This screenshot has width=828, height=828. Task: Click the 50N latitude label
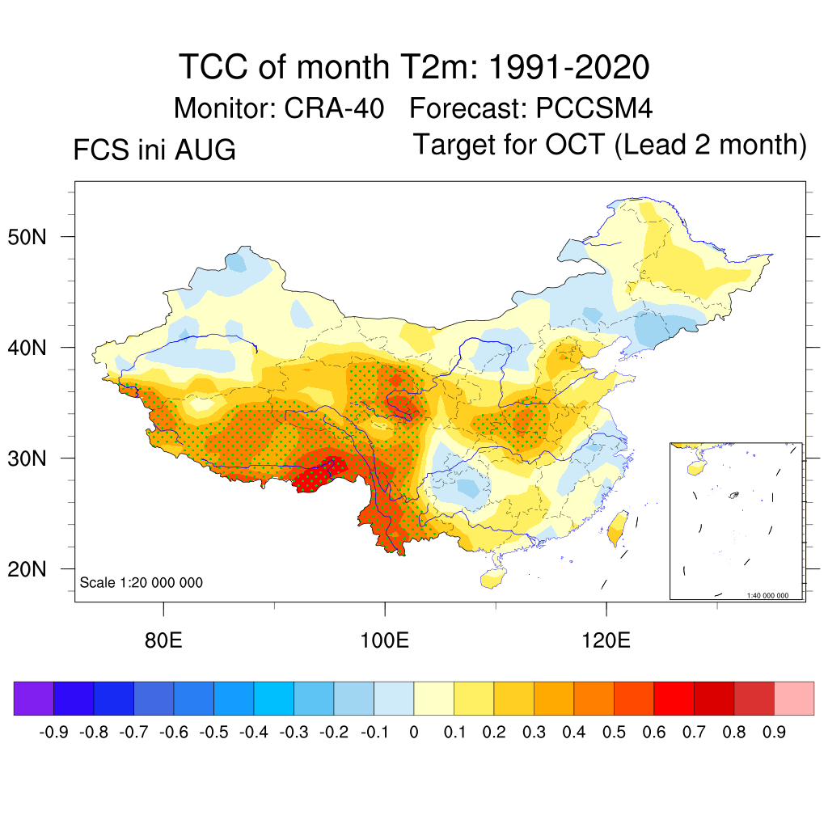point(27,237)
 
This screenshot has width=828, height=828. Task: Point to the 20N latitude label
point(27,569)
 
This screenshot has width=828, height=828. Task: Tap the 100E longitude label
point(384,640)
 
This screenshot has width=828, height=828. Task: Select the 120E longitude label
point(606,640)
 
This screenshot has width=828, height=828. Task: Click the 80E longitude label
point(163,640)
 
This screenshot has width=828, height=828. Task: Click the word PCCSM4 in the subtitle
point(594,108)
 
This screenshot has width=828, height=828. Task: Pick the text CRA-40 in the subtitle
point(334,108)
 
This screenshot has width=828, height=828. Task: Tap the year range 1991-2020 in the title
point(568,67)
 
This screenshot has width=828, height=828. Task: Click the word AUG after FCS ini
point(205,150)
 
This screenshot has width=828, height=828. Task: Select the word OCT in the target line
point(575,144)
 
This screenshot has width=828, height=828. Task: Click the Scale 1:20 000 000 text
point(141,582)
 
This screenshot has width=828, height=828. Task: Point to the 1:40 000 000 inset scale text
point(767,595)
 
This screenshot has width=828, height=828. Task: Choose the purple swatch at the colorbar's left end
point(34,698)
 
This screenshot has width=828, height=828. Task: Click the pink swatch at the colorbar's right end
point(794,698)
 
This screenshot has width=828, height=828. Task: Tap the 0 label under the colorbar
point(414,732)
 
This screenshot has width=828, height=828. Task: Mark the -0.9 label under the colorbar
point(54,732)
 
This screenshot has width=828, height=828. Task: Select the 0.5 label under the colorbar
point(615,732)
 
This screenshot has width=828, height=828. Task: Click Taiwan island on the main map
point(617,529)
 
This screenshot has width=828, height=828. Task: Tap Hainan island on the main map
point(493,578)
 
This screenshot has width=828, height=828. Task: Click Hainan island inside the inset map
point(697,467)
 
